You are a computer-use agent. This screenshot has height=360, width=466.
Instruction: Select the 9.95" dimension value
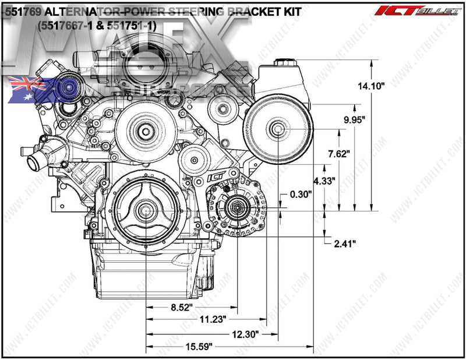354,119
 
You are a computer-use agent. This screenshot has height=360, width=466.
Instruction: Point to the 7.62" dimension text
338,154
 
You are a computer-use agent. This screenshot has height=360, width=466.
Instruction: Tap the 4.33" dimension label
324,181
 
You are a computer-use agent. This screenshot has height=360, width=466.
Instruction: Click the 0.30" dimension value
301,195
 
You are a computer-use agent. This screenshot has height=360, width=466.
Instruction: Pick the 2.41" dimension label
345,242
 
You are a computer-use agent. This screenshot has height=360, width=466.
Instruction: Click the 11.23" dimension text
213,320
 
